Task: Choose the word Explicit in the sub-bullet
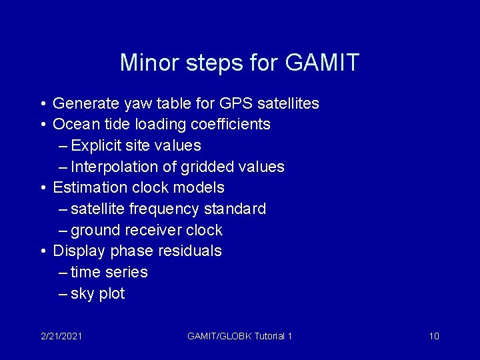[97, 145]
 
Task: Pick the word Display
[79, 251]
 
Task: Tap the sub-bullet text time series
[109, 272]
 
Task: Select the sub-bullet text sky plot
[97, 294]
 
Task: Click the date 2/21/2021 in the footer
[61, 336]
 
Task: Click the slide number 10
[434, 336]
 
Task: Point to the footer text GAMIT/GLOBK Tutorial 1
[240, 336]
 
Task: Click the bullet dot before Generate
[42, 104]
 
